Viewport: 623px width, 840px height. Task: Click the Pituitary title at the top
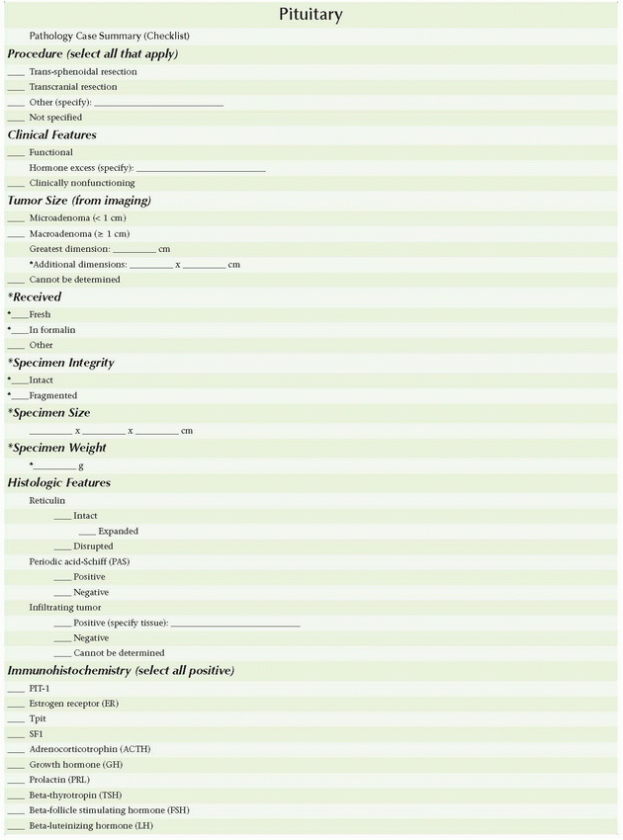coord(311,15)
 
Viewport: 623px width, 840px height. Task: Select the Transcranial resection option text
coord(72,87)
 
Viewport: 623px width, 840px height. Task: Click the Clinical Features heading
coord(51,134)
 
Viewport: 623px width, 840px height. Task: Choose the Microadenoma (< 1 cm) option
coord(77,217)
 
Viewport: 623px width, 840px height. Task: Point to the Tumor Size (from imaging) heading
coord(79,201)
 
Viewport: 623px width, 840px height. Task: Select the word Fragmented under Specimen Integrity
coord(52,395)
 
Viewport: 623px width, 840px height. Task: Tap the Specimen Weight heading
coord(57,448)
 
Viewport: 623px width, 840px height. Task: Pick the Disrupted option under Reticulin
coord(93,546)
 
